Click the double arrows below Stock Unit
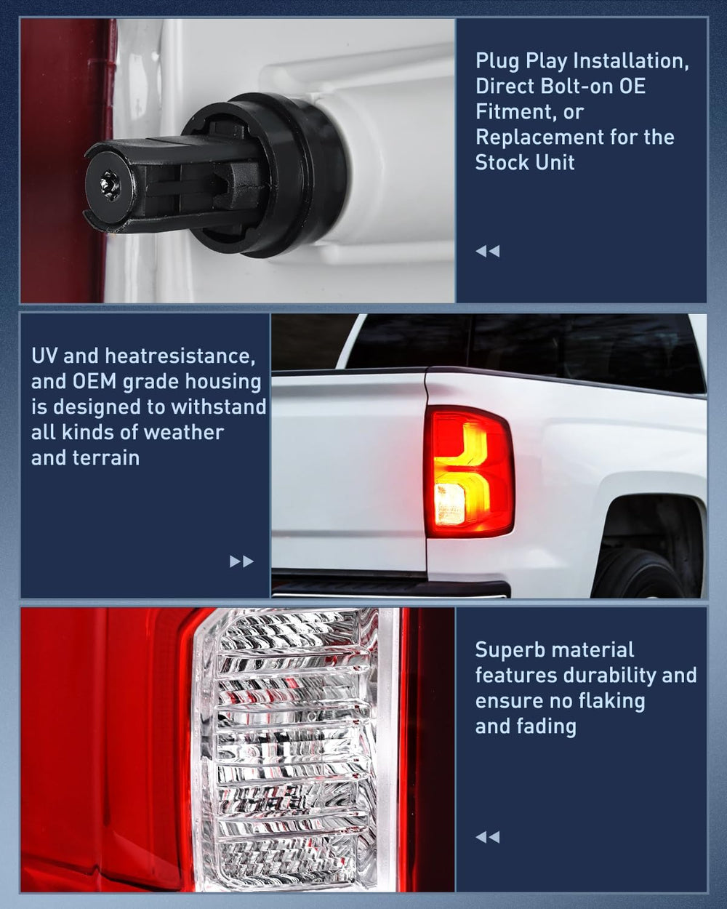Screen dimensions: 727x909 click(488, 252)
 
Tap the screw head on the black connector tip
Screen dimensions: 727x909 click(110, 183)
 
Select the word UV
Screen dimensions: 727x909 click(44, 356)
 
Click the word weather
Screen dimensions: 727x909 click(184, 432)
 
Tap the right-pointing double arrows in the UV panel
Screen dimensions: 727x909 click(241, 561)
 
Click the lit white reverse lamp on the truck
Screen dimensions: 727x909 click(449, 503)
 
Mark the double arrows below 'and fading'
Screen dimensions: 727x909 click(488, 837)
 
